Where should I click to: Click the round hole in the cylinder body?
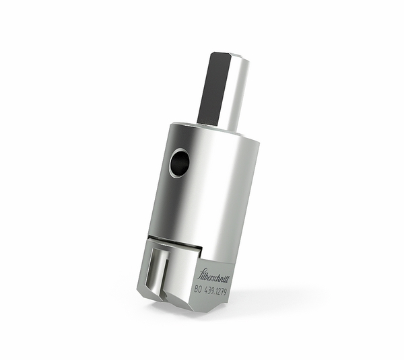pos(179,163)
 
